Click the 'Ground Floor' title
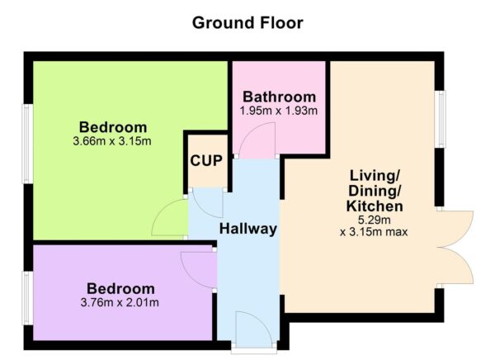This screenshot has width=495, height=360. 247,22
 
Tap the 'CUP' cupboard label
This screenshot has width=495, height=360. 206,160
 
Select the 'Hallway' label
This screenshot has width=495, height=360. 247,229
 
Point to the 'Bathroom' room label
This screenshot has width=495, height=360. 278,97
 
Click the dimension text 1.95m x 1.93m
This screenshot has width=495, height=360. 278,111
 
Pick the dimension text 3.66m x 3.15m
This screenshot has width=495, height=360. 113,141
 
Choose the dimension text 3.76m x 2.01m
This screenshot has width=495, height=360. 121,303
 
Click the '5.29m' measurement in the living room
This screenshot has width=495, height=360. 375,220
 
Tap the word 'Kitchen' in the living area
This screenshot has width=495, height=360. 375,206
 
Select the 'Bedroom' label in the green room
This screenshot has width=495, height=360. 113,127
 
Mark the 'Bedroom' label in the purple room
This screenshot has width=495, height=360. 121,289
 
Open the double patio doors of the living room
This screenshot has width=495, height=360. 457,248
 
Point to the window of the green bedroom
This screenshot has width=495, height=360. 27,144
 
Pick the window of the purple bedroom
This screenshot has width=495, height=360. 27,300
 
